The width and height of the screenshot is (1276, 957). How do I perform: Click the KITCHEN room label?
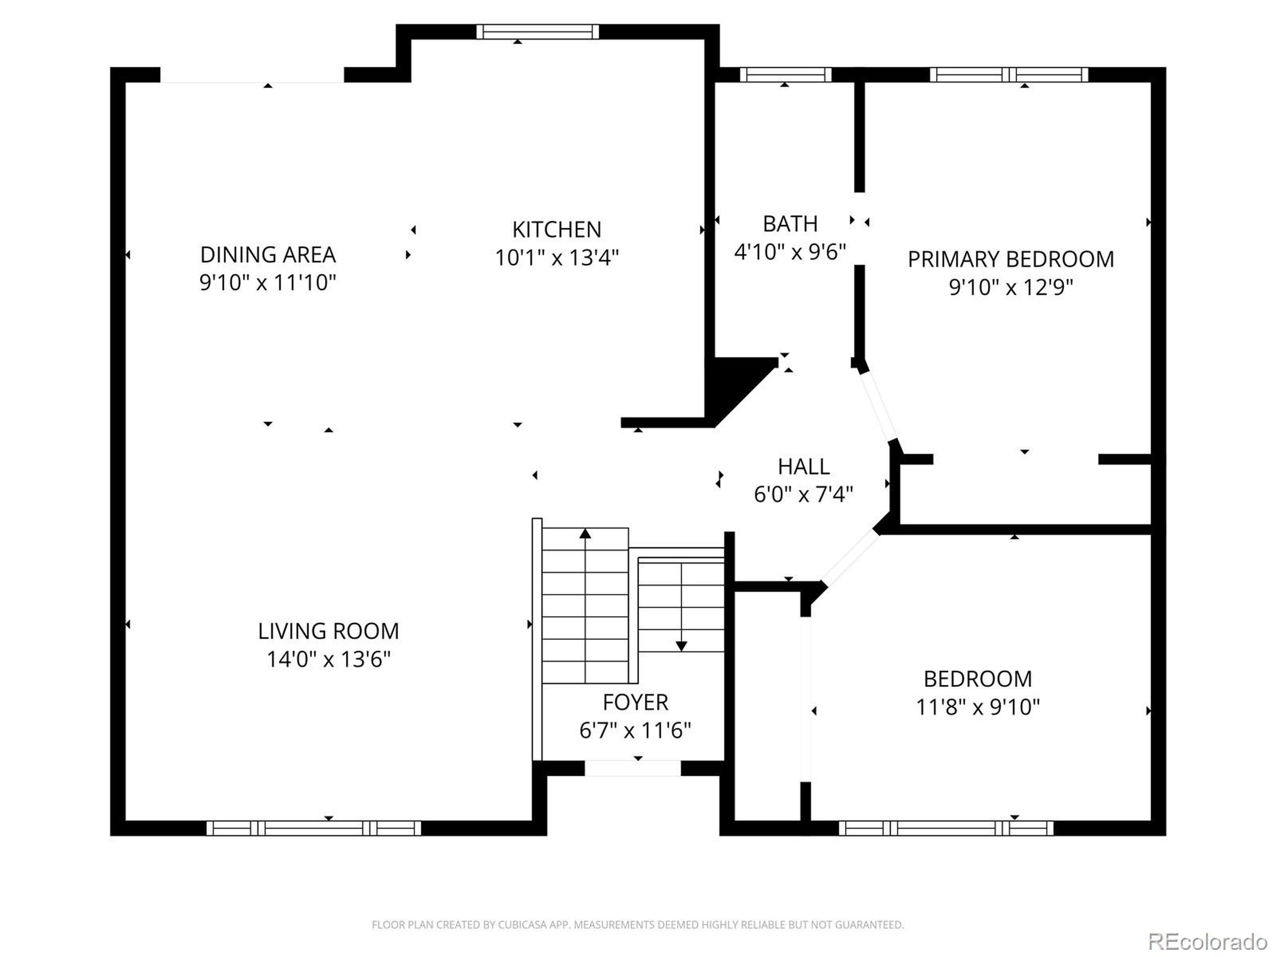pyautogui.click(x=557, y=230)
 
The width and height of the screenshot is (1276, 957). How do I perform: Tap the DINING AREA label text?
pyautogui.click(x=268, y=254)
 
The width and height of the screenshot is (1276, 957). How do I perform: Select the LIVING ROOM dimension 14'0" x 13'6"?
pyautogui.click(x=328, y=659)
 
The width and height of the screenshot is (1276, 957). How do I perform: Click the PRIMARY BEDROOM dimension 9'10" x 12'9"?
pyautogui.click(x=1011, y=287)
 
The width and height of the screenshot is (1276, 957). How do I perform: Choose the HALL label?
pyautogui.click(x=803, y=466)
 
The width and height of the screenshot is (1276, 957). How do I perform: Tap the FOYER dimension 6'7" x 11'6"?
pyautogui.click(x=635, y=730)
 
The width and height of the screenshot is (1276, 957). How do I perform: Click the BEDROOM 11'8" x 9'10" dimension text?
pyautogui.click(x=978, y=707)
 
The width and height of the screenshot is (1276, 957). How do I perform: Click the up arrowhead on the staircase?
pyautogui.click(x=585, y=534)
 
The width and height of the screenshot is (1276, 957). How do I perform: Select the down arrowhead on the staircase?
pyautogui.click(x=681, y=646)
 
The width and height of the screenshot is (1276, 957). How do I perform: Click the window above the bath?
pyautogui.click(x=785, y=75)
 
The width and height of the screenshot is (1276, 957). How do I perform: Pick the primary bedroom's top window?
pyautogui.click(x=1009, y=75)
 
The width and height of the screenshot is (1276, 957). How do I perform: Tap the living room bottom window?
pyautogui.click(x=314, y=828)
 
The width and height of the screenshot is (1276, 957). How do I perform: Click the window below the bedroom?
pyautogui.click(x=946, y=828)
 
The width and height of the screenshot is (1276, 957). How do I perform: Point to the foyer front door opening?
pyautogui.click(x=633, y=768)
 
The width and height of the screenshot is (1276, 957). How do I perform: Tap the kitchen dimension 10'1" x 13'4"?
pyautogui.click(x=557, y=257)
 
